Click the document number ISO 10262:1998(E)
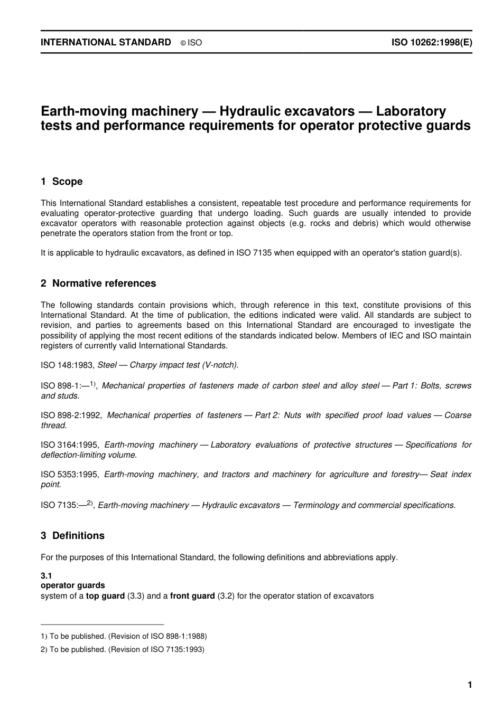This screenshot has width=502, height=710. [x=431, y=43]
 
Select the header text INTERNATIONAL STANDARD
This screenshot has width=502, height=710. [x=106, y=43]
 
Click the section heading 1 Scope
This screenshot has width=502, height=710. [x=62, y=182]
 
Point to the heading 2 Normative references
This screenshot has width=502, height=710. [x=98, y=283]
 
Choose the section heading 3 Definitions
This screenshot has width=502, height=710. [x=72, y=536]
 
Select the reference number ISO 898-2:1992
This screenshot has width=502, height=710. [x=70, y=415]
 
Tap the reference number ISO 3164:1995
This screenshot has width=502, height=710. [x=70, y=445]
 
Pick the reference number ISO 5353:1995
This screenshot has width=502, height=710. [x=70, y=475]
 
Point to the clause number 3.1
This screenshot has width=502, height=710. [x=46, y=576]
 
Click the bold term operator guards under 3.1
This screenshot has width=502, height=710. [x=73, y=585]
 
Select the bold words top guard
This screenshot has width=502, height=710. [x=105, y=596]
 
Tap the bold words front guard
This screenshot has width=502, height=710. [x=192, y=596]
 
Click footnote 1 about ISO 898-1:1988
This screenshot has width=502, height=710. [x=124, y=636]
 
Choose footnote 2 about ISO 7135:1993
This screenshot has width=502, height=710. [x=123, y=649]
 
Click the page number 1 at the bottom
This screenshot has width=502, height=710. [x=469, y=685]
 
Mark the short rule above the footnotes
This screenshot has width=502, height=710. [x=103, y=624]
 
